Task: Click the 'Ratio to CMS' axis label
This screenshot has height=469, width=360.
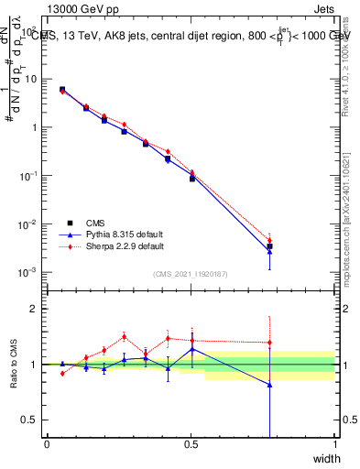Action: pyautogui.click(x=13, y=365)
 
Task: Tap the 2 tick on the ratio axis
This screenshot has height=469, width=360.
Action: pyautogui.click(x=35, y=309)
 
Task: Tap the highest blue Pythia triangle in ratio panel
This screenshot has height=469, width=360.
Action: pyautogui.click(x=191, y=349)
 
